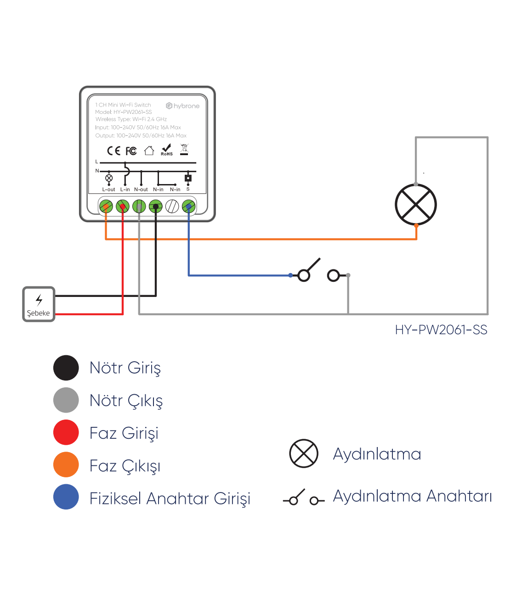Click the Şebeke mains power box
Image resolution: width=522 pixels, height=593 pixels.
(39, 304)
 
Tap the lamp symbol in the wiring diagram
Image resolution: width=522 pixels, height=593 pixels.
(416, 205)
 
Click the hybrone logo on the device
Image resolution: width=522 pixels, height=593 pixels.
(183, 106)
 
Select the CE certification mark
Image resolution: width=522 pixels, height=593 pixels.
(113, 151)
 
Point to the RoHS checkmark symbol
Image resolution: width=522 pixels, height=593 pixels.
(166, 150)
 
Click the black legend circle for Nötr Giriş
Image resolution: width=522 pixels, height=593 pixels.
(66, 368)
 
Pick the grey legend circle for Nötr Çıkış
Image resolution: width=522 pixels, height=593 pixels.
(66, 400)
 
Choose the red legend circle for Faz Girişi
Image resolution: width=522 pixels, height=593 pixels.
(66, 432)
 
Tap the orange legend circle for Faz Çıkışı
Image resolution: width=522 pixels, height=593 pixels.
(66, 464)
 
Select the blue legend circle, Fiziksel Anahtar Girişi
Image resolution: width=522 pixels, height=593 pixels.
(66, 497)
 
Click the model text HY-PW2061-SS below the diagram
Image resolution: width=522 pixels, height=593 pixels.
(441, 330)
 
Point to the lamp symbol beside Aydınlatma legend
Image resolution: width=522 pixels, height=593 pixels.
(304, 453)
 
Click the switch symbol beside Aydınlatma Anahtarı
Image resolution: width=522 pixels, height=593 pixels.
(304, 498)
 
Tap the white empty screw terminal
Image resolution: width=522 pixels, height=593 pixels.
(172, 207)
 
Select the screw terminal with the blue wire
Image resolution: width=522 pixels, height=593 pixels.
(188, 207)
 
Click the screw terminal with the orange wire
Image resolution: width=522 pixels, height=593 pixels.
(106, 207)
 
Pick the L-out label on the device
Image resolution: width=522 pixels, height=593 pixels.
(108, 190)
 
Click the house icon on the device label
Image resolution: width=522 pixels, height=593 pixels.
(149, 151)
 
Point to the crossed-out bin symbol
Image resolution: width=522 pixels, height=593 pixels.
(184, 149)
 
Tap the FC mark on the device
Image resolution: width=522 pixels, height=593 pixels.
(131, 151)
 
